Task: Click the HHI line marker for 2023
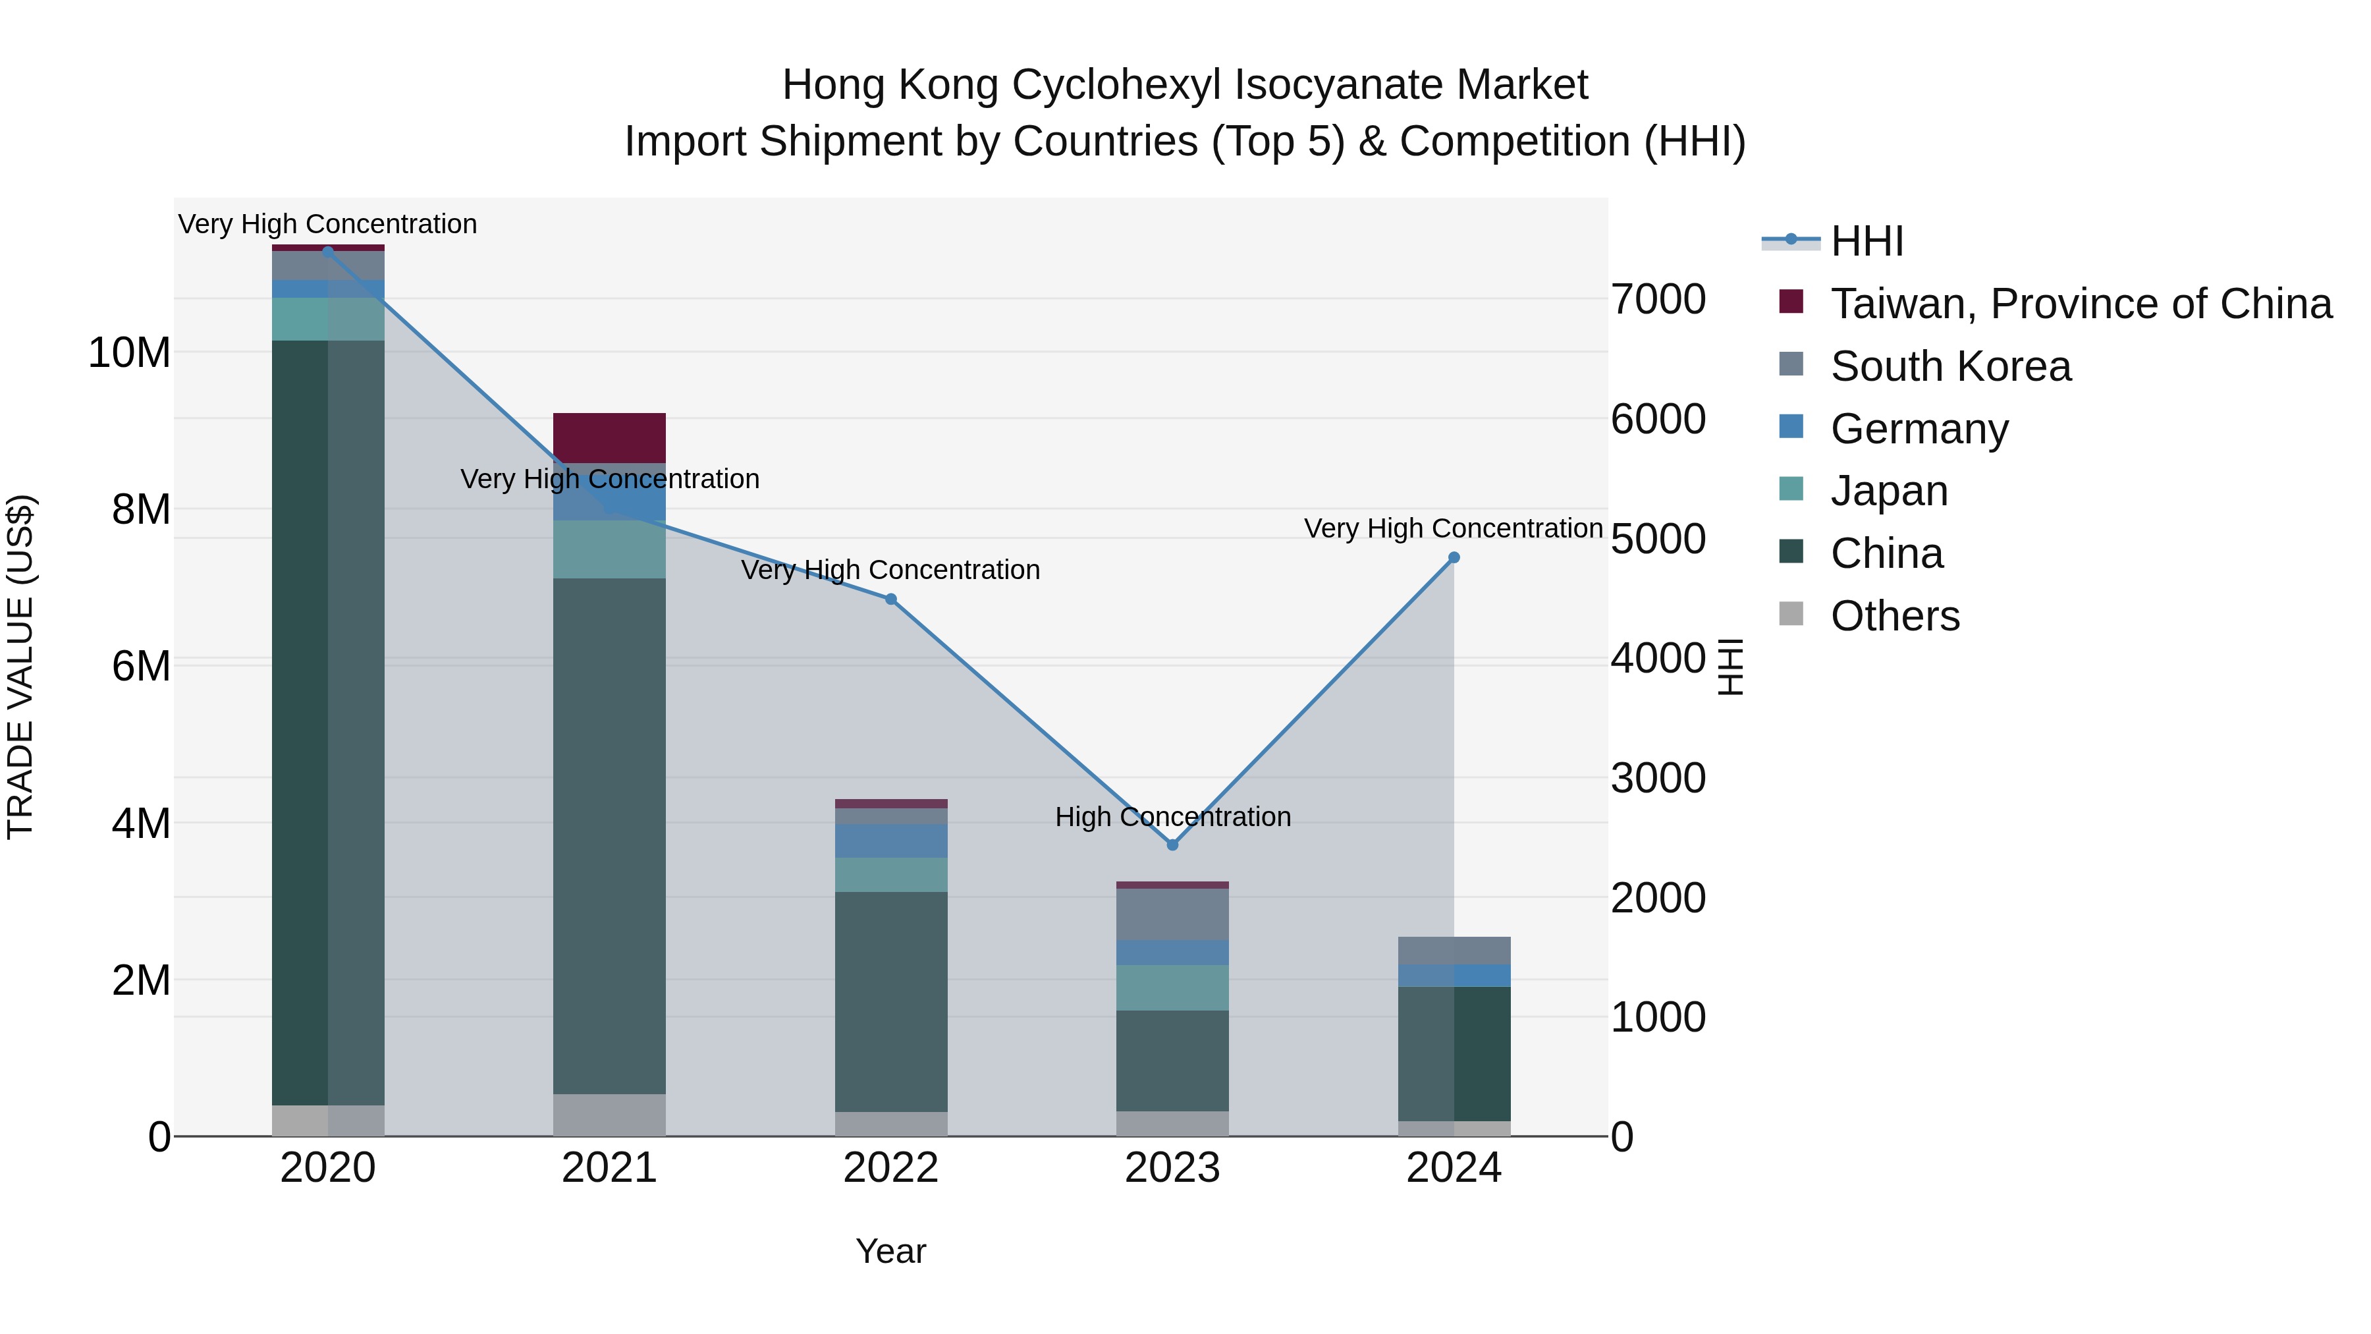tap(1172, 845)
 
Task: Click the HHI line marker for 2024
tap(1454, 557)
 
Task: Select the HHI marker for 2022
tap(890, 599)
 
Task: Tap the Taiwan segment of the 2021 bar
tap(609, 437)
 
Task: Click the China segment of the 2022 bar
tap(890, 1001)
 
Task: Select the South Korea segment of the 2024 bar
tap(1454, 950)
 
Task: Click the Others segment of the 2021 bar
tap(609, 1114)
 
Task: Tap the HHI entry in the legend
tap(1866, 241)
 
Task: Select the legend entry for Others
tap(1894, 615)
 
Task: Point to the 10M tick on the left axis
tap(129, 352)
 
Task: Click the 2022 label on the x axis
tap(890, 1167)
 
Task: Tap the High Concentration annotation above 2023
tap(1172, 817)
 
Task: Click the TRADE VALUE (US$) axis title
tap(20, 665)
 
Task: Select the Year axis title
tap(890, 1250)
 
